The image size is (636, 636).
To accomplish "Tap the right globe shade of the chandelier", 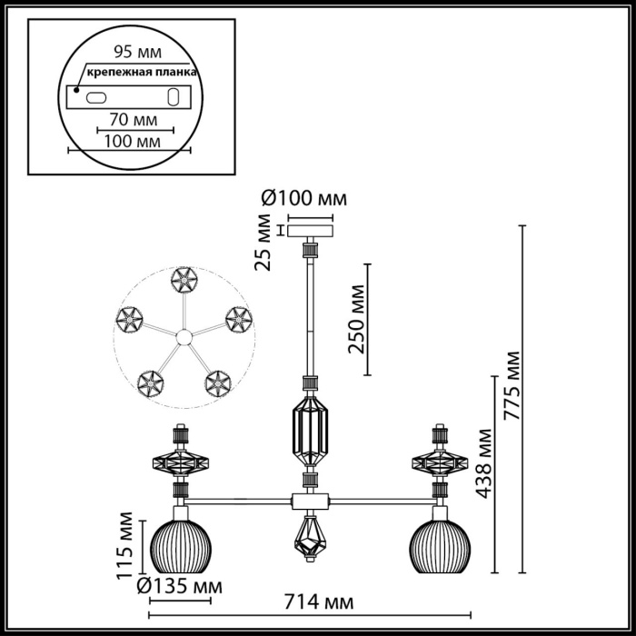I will point(442,542).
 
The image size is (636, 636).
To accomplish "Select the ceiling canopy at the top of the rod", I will point(311,227).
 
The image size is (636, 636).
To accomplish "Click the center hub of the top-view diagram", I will point(183,338).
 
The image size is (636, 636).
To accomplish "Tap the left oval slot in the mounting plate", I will point(96,96).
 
